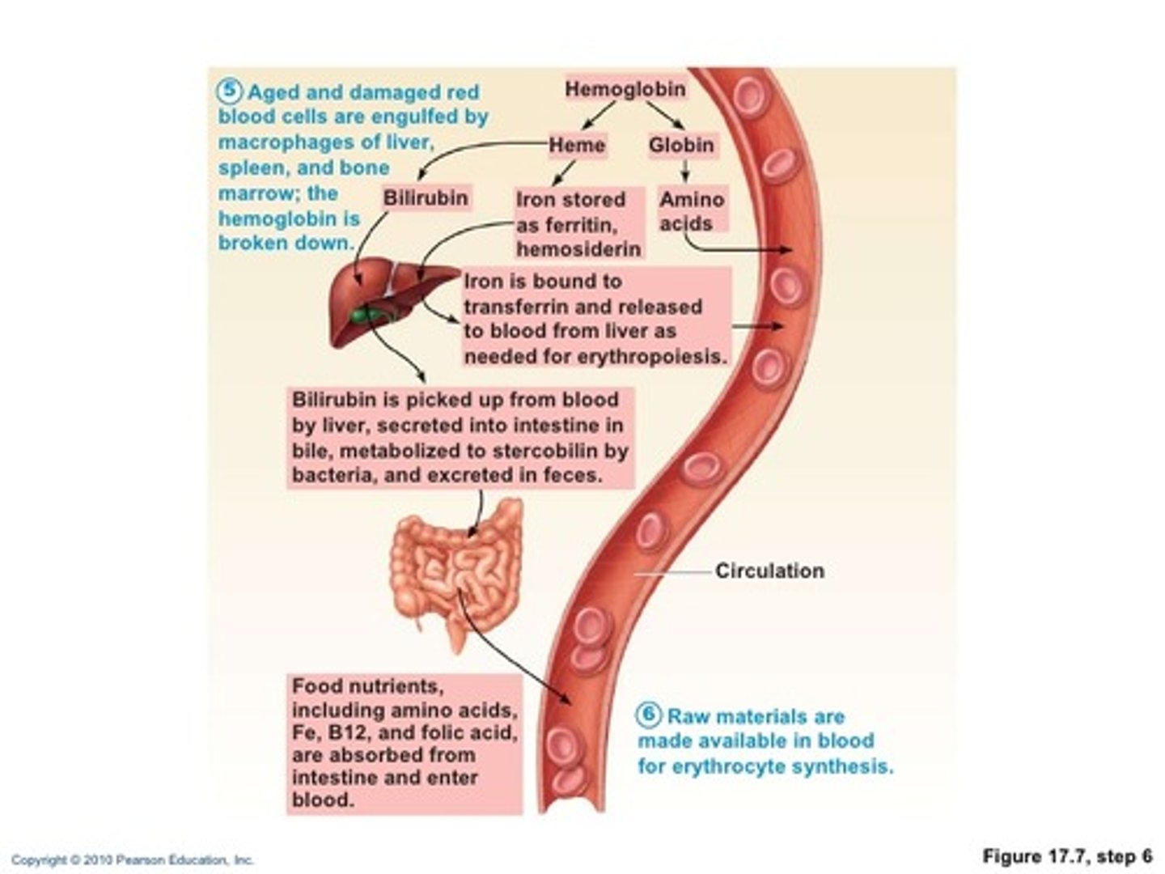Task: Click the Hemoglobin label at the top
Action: [x=625, y=89]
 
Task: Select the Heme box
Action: [x=577, y=146]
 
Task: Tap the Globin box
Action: [x=681, y=146]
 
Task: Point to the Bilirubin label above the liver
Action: [x=426, y=198]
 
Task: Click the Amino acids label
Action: [x=692, y=211]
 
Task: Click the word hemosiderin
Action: [x=578, y=249]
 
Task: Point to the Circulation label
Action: [x=769, y=571]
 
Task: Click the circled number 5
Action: [x=231, y=91]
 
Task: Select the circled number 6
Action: [x=649, y=715]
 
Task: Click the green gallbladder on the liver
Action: [x=368, y=315]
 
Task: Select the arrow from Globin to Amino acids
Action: [x=685, y=171]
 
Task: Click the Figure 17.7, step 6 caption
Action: [x=1067, y=856]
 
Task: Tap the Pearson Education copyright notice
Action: [x=133, y=860]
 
